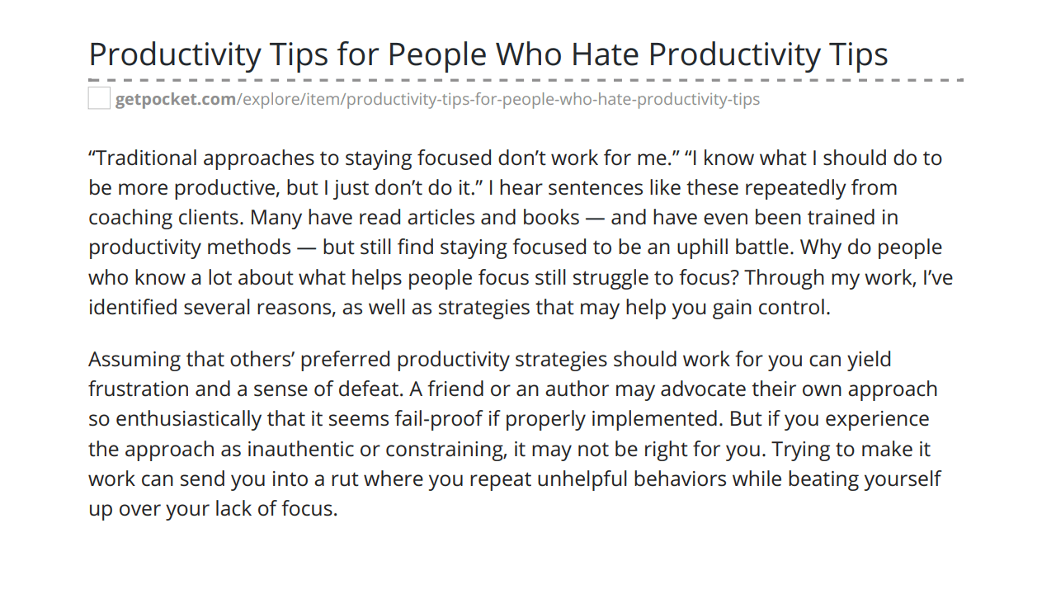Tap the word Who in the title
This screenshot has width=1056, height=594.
529,54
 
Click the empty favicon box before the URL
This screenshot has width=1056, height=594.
99,98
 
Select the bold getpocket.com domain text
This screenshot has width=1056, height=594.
176,100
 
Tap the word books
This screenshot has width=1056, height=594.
550,218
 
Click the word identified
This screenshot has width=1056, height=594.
133,308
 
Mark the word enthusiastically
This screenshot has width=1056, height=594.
188,420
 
